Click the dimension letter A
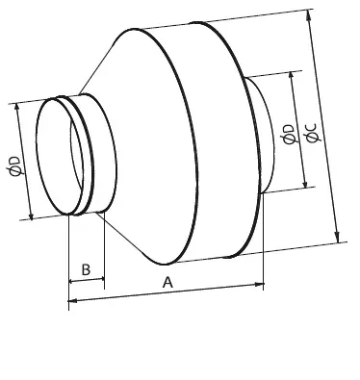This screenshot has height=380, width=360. coord(167,283)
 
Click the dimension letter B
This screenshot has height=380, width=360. coord(86,269)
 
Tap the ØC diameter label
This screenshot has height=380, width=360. coord(312,133)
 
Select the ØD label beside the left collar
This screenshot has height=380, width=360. coord(16,166)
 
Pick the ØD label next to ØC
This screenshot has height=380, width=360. coord(289,135)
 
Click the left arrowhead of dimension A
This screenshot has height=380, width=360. coord(72,301)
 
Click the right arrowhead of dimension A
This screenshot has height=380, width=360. coord(259,284)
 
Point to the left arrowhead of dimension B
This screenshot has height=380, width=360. coord(73,282)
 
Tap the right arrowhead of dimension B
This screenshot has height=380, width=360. coord(101,279)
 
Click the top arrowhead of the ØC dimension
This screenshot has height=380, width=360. coord(309,14)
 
